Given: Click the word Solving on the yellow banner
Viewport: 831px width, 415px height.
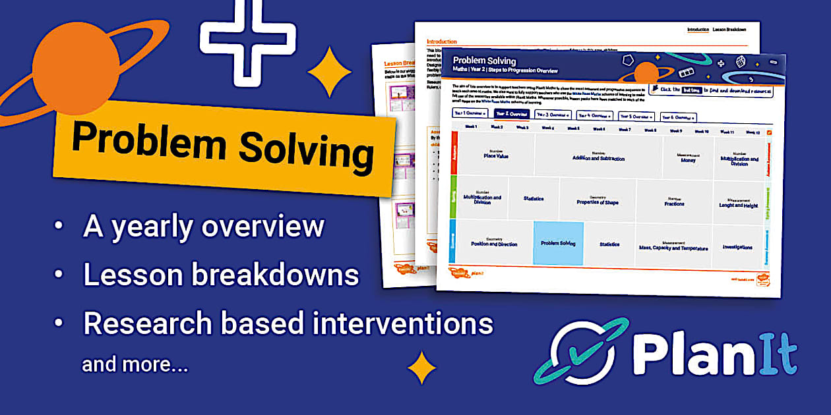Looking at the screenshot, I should (x=306, y=150).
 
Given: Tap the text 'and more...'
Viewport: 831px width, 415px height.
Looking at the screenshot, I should (x=135, y=364).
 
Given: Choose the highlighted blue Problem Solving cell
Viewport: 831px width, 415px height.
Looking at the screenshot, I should (x=558, y=243).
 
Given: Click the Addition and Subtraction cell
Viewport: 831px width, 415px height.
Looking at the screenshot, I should (x=598, y=157).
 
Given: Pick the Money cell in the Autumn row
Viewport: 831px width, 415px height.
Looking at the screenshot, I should (x=687, y=159).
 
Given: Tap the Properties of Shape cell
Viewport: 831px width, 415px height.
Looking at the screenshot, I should (x=598, y=200).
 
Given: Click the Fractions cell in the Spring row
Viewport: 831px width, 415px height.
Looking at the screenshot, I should (x=674, y=202).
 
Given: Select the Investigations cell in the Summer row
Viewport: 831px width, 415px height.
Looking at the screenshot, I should (x=737, y=247).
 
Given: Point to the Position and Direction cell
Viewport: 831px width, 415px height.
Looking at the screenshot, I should (x=493, y=242).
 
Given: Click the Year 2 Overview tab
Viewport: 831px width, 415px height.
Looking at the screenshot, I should (x=512, y=113).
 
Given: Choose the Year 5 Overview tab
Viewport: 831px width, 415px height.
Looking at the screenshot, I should (x=636, y=116).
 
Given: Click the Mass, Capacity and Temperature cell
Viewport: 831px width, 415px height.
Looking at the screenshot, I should (x=673, y=246).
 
